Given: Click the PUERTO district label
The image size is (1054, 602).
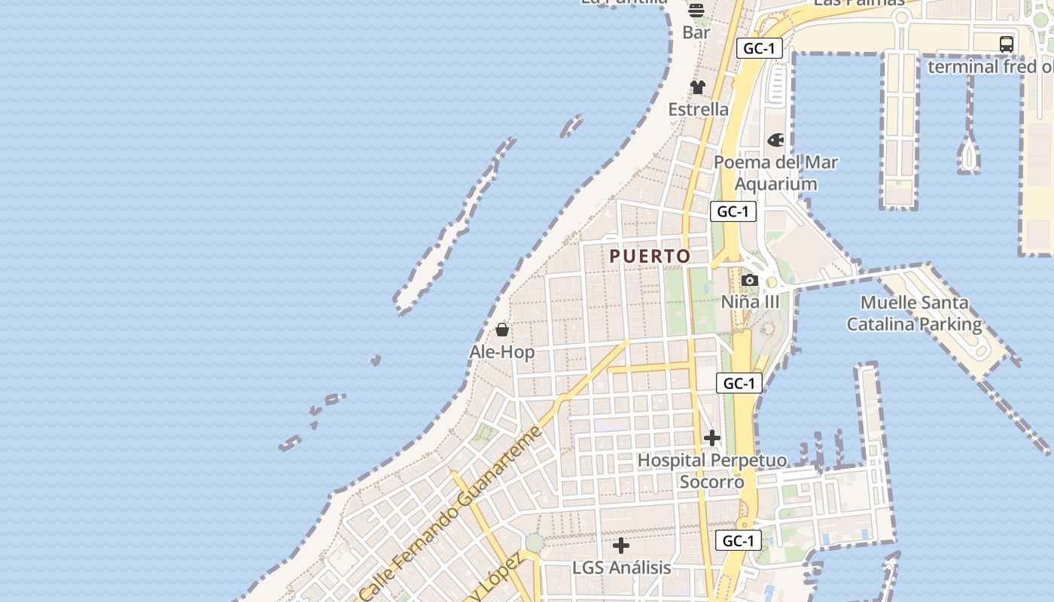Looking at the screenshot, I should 650,257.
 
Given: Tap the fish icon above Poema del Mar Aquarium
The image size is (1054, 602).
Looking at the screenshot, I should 775,140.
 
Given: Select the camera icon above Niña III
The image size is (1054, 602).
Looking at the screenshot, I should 749,281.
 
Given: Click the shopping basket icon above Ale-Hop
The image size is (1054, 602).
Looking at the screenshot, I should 502,330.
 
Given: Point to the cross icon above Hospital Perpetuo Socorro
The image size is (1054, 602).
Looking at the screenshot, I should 711,437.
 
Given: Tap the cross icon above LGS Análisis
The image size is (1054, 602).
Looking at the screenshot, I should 621,545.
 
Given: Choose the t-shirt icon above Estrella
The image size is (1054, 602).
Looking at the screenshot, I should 698,87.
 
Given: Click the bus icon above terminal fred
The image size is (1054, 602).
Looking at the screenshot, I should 1007,44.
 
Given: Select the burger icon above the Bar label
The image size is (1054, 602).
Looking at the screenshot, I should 696,11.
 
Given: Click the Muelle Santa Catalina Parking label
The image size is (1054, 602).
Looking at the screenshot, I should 915,314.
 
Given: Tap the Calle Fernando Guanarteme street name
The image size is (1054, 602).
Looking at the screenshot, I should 451,512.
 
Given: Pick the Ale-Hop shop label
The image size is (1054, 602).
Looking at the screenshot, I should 502,352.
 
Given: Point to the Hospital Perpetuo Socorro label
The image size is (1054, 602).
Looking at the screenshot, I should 712,471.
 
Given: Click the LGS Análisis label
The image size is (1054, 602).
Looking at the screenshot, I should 622,567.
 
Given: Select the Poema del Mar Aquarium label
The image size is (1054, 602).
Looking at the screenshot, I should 775,173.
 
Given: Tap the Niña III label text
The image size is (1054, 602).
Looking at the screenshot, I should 751,303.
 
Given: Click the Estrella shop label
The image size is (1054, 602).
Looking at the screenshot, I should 699,110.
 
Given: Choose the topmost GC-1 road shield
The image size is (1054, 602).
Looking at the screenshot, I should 760,49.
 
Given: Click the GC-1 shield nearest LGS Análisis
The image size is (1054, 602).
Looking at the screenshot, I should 739,540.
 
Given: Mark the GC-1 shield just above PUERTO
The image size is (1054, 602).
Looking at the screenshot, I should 733,211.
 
